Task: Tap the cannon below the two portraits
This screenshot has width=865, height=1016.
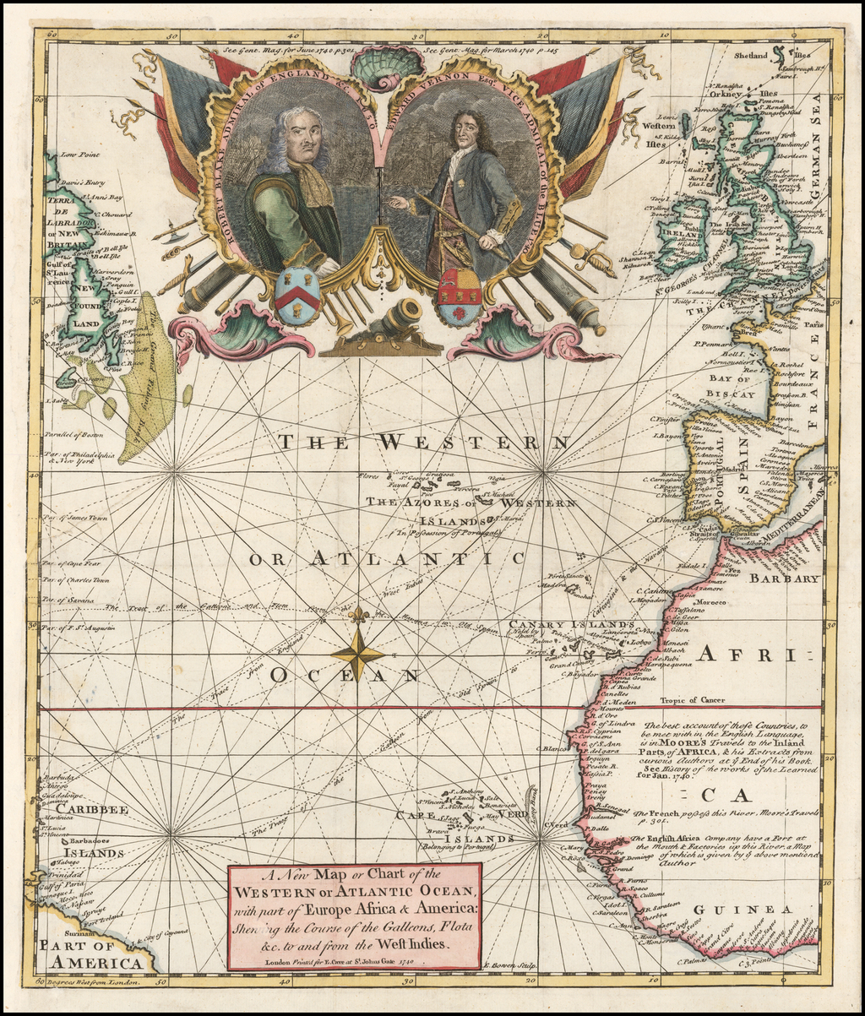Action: (x=394, y=320)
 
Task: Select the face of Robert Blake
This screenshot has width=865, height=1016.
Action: (x=302, y=138)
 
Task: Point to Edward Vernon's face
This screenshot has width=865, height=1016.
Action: (x=466, y=131)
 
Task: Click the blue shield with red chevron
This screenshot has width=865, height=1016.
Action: (x=297, y=296)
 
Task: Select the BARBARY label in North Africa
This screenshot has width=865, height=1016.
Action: (x=786, y=579)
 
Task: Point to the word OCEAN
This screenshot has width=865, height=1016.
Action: (x=345, y=675)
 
